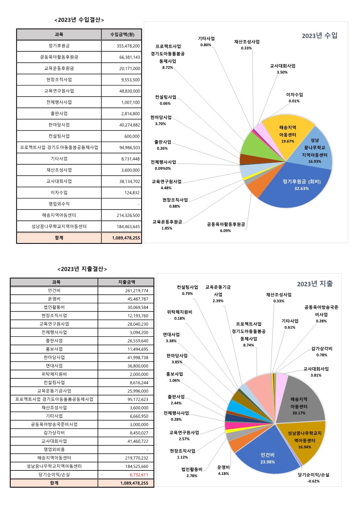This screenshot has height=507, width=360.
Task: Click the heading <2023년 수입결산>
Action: (79, 20)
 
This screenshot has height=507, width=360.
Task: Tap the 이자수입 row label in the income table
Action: (59, 193)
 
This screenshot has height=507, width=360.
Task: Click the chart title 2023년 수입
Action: (319, 36)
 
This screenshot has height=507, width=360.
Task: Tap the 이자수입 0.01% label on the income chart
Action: (294, 98)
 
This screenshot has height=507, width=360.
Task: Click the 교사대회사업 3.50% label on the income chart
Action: (282, 69)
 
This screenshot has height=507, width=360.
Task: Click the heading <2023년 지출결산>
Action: (82, 269)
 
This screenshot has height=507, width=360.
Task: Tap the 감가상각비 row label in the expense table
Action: (54, 433)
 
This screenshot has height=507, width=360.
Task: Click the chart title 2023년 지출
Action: (314, 284)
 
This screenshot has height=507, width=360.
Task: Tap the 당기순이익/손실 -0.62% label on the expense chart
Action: (313, 477)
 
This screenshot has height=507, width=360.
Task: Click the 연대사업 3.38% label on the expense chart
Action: (171, 337)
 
